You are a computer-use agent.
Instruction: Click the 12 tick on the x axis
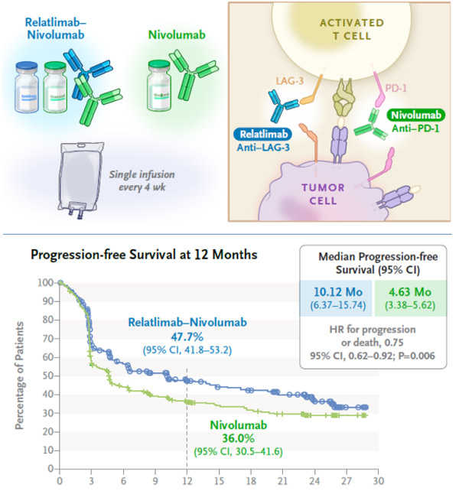click(x=187, y=482)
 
